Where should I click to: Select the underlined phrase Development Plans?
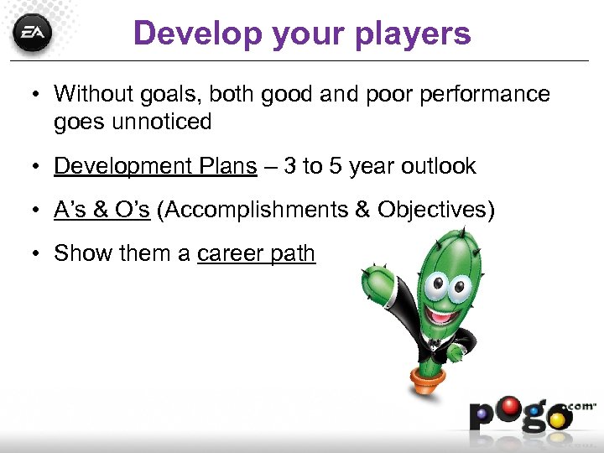point(155,166)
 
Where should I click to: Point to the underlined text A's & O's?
point(102,210)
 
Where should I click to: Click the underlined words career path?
point(256,253)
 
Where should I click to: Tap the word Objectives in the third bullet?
point(431,210)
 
